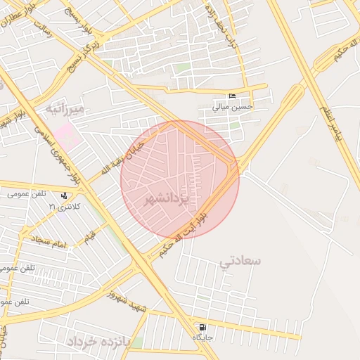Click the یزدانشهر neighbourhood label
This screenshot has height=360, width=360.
pyautogui.click(x=167, y=200)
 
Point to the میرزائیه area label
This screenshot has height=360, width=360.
pyautogui.click(x=65, y=109)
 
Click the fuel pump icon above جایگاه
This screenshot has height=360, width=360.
pyautogui.click(x=203, y=327)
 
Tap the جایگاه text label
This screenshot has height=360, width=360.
pyautogui.click(x=203, y=338)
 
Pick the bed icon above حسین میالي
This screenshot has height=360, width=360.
pyautogui.click(x=233, y=96)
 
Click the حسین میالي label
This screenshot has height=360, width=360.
pyautogui.click(x=233, y=108)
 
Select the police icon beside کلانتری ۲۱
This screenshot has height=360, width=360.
pyautogui.click(x=65, y=196)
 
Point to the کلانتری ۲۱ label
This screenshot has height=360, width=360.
pyautogui.click(x=65, y=207)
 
